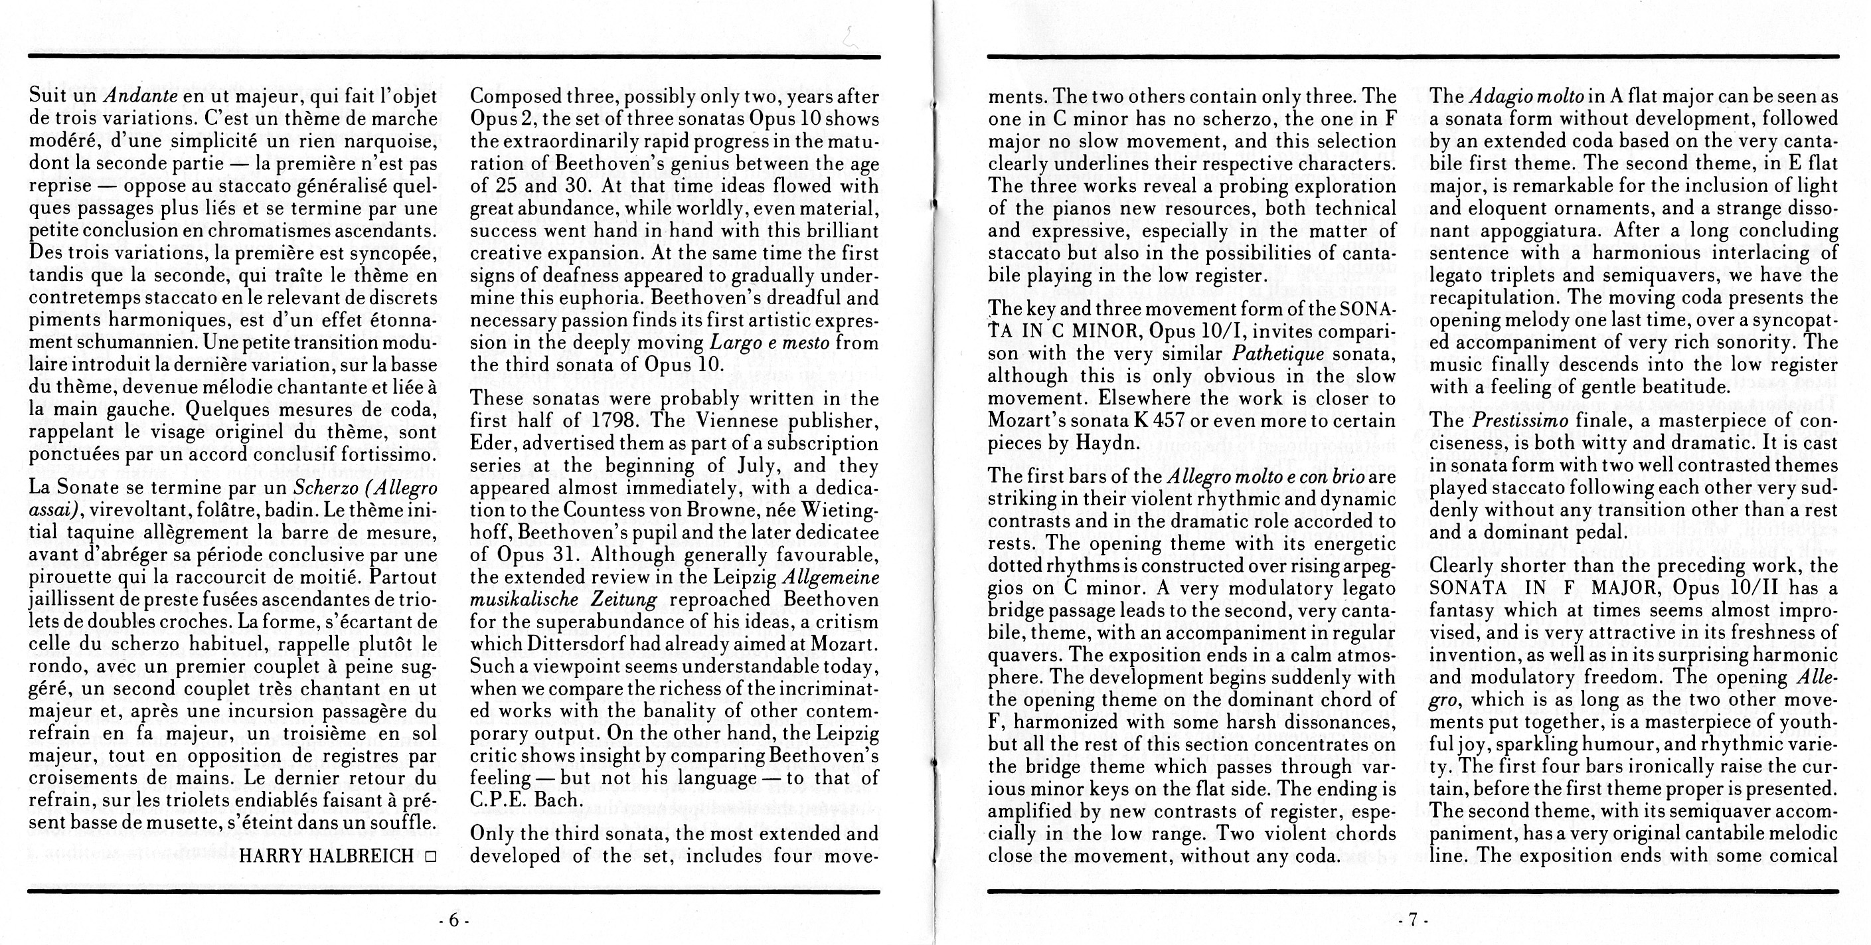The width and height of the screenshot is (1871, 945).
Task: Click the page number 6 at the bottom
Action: (454, 920)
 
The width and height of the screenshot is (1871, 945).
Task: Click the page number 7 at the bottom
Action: (1413, 920)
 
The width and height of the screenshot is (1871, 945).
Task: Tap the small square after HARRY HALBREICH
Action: (431, 857)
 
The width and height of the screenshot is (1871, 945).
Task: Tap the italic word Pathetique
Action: (1277, 354)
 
